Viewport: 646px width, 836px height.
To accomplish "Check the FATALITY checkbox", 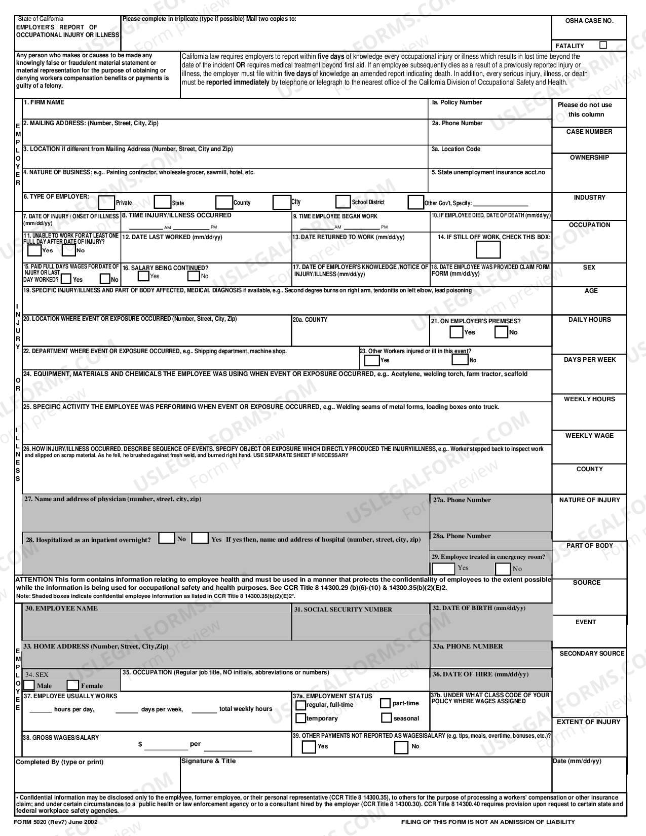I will pyautogui.click(x=603, y=45).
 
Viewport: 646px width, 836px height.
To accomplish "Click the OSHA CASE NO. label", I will pyautogui.click(x=589, y=21).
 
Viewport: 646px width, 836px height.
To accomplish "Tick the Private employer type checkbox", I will pyautogui.click(x=106, y=203).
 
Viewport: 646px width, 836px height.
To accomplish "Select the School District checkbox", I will pyautogui.click(x=343, y=202).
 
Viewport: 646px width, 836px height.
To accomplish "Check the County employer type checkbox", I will pyautogui.click(x=223, y=203).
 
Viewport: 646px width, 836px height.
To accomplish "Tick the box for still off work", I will pyautogui.click(x=488, y=250).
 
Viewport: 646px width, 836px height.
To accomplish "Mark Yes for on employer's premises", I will pyautogui.click(x=456, y=332).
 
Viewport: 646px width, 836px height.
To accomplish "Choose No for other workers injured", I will pyautogui.click(x=460, y=360).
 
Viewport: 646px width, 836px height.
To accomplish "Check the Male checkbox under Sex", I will pyautogui.click(x=29, y=685).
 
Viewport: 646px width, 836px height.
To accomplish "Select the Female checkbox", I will pyautogui.click(x=73, y=686).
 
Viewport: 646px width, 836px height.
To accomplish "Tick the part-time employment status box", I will pyautogui.click(x=386, y=703).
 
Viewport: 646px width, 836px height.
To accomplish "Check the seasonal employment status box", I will pyautogui.click(x=387, y=718).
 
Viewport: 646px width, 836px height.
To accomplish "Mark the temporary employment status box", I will pyautogui.click(x=300, y=718).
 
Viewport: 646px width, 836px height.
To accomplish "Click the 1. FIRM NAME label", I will pyautogui.click(x=44, y=102).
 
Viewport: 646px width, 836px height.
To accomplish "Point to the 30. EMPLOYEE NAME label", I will pyautogui.click(x=61, y=609).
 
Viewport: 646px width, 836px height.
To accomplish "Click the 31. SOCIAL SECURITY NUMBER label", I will pyautogui.click(x=343, y=610).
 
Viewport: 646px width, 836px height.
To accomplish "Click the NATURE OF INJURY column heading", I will pyautogui.click(x=589, y=500).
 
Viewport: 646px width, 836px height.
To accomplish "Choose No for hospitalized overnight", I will pyautogui.click(x=167, y=539).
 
